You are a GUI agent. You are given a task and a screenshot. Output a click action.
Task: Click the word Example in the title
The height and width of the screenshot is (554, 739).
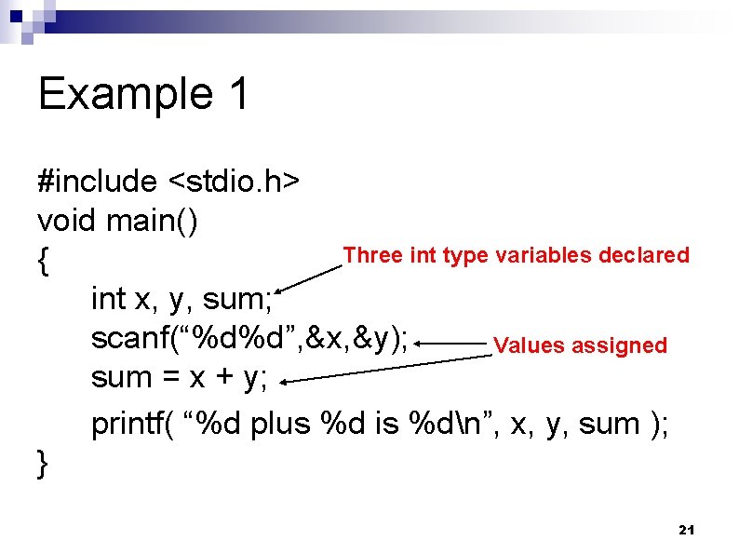coord(118,94)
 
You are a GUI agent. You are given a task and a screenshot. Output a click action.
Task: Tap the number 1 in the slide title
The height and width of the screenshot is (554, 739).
coord(235,94)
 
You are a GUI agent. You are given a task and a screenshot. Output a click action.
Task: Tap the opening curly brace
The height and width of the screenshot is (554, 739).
coord(43,263)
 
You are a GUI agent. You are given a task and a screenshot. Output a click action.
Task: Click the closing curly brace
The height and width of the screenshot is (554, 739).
coord(43,463)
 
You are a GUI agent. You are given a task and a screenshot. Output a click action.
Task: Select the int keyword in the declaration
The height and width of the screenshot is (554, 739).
coord(108,299)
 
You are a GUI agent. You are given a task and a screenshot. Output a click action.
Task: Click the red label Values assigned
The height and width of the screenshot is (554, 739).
coord(580,345)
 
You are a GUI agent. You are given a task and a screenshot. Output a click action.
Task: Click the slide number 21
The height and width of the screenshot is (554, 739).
coord(687,530)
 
